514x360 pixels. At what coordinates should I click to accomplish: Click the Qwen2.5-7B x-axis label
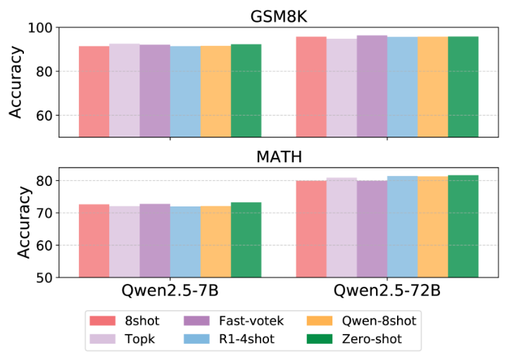click(169, 291)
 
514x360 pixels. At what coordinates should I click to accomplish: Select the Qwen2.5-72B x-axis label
click(387, 291)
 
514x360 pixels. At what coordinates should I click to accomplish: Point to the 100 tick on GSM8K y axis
click(47, 27)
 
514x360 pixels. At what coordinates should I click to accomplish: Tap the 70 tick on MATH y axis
click(50, 213)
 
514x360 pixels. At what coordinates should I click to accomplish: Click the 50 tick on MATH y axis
click(50, 277)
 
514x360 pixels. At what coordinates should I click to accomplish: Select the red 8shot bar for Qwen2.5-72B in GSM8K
click(311, 87)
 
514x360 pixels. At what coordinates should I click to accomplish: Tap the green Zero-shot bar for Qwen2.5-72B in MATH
click(463, 225)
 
